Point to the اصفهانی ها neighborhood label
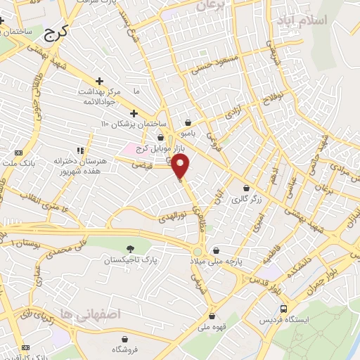91,313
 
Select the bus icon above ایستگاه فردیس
283,309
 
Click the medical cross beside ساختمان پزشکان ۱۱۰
134,113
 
